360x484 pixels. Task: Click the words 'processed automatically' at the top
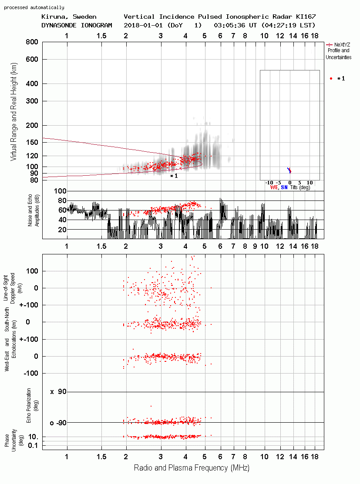pos(34,7)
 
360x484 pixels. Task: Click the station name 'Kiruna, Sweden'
pos(69,17)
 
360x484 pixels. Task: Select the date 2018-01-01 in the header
pos(143,25)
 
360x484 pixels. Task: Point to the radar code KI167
pos(306,17)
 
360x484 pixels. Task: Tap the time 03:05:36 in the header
pos(229,25)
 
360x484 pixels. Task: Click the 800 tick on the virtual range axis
pos(32,42)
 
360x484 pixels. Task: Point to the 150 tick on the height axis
pos(33,142)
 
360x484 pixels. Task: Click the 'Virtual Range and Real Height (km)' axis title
pos(13,112)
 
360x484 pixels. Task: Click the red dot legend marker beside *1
pos(331,79)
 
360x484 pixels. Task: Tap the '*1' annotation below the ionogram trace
pos(174,176)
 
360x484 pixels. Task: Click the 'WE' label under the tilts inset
pos(274,187)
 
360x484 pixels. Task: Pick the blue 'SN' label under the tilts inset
pos(284,187)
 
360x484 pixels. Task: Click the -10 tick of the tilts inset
pos(269,183)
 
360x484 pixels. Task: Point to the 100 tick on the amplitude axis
pos(60,191)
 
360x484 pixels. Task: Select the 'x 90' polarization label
pos(58,392)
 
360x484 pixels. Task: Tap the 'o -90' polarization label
pos(58,423)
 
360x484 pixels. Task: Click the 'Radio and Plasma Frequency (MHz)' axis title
pos(192,468)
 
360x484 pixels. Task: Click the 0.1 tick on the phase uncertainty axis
pos(33,445)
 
